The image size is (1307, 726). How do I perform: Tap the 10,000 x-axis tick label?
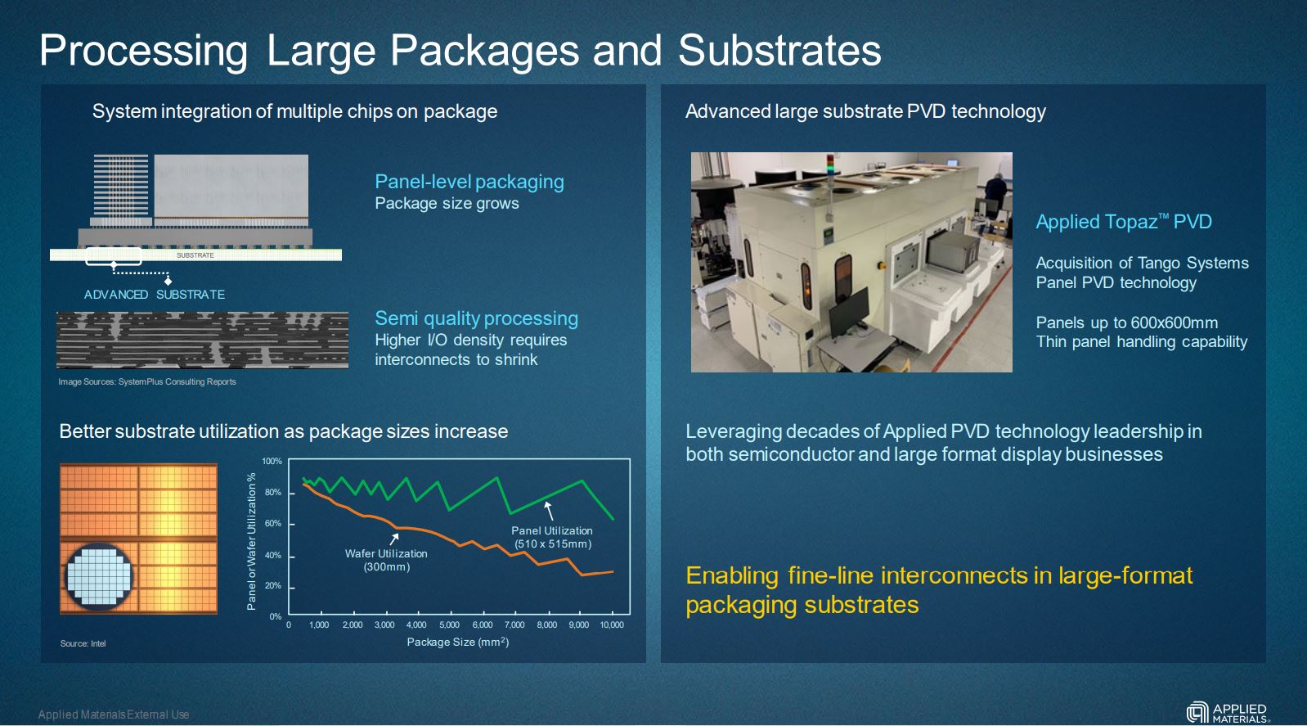(x=612, y=625)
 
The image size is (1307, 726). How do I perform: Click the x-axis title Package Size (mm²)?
(x=458, y=642)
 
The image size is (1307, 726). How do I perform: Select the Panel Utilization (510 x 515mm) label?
(x=552, y=538)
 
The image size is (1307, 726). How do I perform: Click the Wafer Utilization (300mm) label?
(x=386, y=560)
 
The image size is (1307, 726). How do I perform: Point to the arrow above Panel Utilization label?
(x=549, y=511)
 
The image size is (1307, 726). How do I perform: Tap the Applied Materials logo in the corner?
(x=1228, y=713)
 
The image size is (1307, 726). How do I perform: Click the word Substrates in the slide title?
(x=779, y=50)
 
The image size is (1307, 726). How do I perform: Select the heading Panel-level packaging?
(x=469, y=182)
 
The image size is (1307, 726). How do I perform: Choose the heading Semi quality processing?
(x=476, y=318)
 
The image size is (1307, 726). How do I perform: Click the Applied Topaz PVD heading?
(x=1124, y=222)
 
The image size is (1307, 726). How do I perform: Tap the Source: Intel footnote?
(x=83, y=643)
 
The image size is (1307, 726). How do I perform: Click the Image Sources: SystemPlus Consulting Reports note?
(x=147, y=382)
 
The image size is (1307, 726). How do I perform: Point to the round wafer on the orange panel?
(x=98, y=577)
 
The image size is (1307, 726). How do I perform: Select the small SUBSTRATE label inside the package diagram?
(x=195, y=255)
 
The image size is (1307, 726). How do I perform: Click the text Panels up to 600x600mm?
(x=1127, y=322)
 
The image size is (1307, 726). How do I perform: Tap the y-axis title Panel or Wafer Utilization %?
(x=251, y=542)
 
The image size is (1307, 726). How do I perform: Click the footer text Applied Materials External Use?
(x=114, y=715)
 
